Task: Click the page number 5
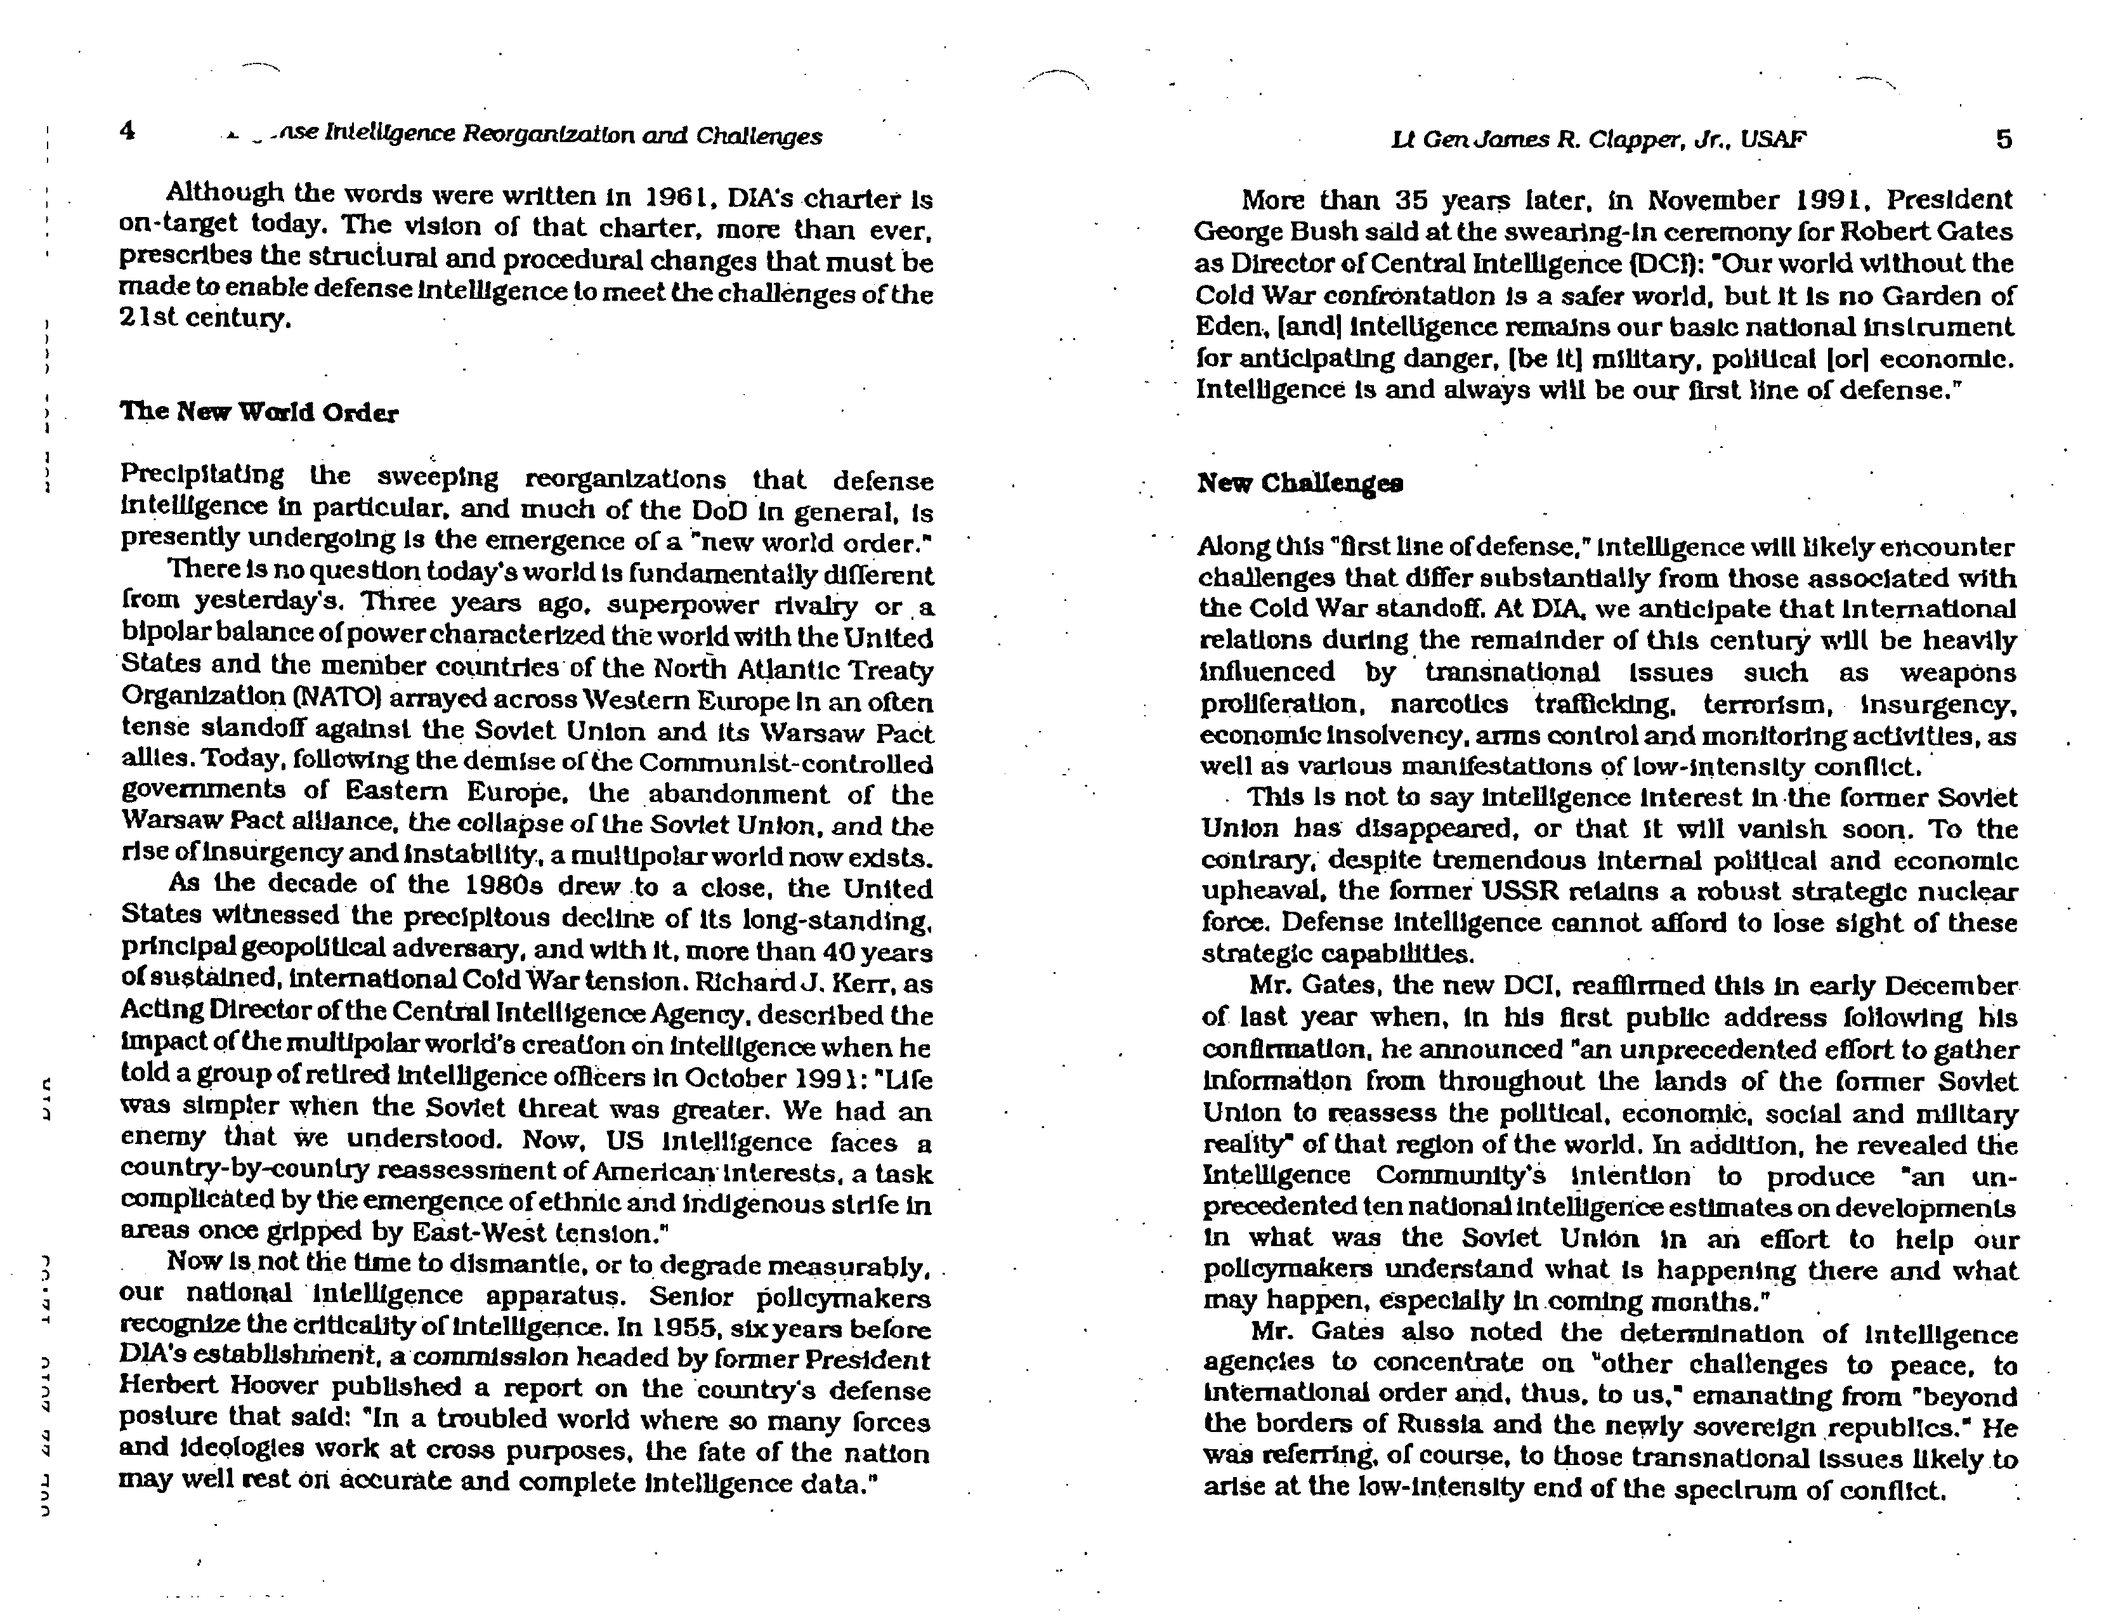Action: [2004, 140]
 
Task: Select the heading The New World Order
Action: [258, 412]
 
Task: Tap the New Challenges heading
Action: [1300, 483]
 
